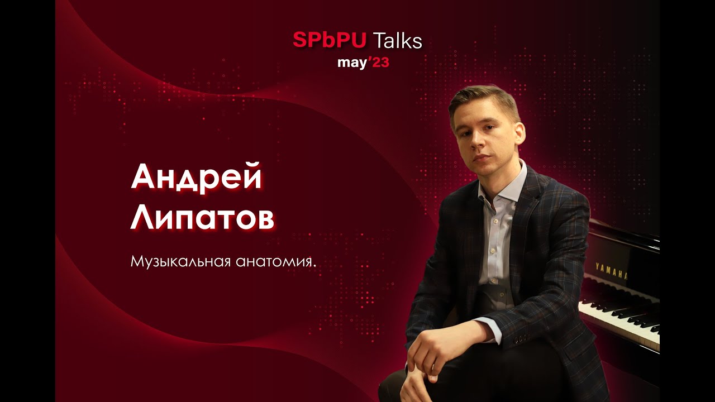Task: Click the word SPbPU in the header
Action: click(x=329, y=40)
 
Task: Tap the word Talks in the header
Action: click(x=397, y=40)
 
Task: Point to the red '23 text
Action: click(x=379, y=62)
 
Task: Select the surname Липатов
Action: click(x=202, y=219)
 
